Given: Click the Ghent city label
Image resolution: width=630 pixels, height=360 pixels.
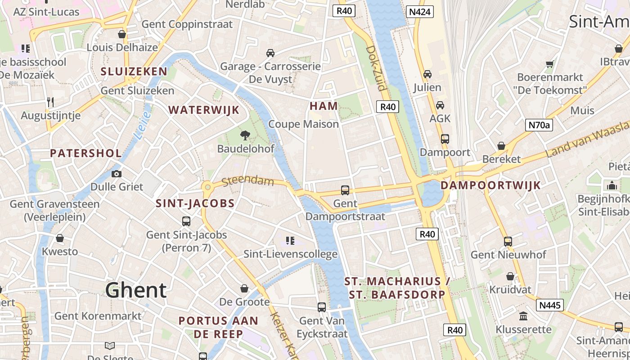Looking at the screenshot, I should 136,290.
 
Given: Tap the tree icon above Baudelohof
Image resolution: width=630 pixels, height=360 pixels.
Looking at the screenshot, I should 245,135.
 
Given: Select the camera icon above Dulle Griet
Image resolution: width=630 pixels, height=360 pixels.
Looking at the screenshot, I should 117,174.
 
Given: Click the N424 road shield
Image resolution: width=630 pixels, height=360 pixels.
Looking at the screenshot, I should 419,12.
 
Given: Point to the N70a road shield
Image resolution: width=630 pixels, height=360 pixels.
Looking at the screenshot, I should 539,125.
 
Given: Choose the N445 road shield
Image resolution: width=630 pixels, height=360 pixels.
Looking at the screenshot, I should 550,306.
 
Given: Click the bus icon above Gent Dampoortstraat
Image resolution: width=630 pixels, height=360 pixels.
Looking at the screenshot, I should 345,190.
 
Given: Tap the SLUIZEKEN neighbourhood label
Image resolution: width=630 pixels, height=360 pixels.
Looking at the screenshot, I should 134,71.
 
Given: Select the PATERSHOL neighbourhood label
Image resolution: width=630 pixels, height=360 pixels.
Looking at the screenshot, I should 86,153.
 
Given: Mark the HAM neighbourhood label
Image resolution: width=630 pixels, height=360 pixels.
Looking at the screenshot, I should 324,106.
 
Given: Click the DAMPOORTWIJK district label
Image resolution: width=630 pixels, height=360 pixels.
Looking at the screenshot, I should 490,185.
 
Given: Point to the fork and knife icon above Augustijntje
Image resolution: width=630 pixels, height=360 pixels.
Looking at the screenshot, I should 50,102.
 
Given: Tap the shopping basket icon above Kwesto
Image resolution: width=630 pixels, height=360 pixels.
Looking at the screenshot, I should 60,238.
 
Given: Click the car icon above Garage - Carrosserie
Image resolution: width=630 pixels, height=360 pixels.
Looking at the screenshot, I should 270,53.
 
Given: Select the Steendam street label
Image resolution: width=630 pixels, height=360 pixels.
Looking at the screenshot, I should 248,181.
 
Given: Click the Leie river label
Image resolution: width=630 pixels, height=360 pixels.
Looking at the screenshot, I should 144,126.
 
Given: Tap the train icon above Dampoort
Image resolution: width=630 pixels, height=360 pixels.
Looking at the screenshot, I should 445,139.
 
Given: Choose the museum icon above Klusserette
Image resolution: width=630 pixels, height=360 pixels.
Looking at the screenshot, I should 523,316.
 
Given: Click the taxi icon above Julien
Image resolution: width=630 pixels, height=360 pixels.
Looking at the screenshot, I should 427,74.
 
